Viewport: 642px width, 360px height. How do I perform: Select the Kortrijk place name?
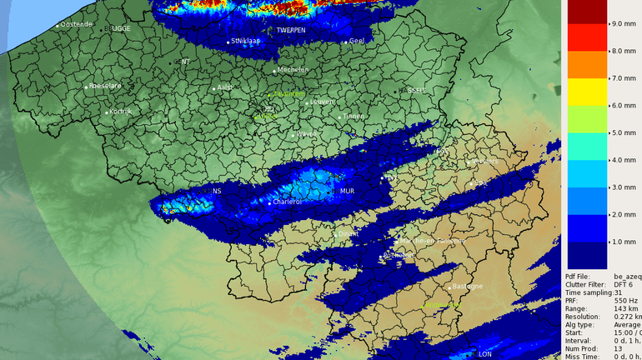point(122,111)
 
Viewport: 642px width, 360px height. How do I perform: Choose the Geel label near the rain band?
point(358,40)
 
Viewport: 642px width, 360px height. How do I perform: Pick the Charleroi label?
point(288,201)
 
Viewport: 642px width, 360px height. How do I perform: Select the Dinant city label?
point(349,234)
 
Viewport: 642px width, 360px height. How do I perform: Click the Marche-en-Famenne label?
point(434,241)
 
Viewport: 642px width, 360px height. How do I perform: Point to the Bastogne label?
point(467,287)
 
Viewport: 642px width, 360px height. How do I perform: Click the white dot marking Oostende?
point(58,26)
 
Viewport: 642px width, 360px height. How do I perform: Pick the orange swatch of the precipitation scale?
point(587,64)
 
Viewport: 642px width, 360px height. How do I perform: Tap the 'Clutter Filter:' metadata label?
point(587,284)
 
